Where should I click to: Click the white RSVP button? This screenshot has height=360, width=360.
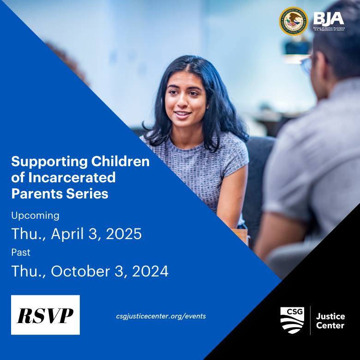[x=45, y=315]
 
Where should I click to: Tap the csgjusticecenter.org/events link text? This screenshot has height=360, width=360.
[x=161, y=316]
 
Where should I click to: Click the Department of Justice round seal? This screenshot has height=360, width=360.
[x=294, y=21]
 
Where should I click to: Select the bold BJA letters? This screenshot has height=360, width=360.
[x=329, y=18]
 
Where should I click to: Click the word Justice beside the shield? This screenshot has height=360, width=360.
[x=330, y=317]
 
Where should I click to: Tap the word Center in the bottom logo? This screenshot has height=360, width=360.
[x=330, y=326]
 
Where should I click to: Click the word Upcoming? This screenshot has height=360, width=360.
[x=36, y=216]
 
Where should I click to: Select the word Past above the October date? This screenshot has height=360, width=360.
[x=21, y=252]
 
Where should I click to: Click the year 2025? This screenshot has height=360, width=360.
[x=124, y=234]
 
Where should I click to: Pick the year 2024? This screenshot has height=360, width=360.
[x=150, y=271]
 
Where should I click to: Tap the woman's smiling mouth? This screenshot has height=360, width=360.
[x=182, y=114]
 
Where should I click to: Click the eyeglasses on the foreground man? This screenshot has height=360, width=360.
[x=306, y=65]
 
